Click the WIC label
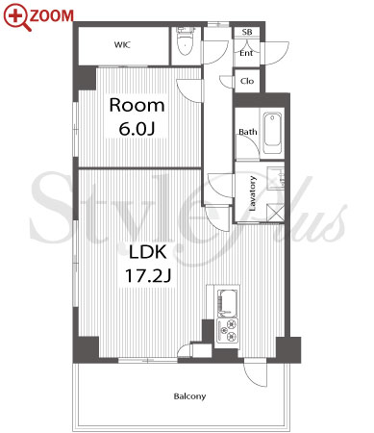point(122,44)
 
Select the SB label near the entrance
point(247,32)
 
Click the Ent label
point(246,53)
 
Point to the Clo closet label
point(247,81)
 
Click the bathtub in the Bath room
point(272,133)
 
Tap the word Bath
point(248,132)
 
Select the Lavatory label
point(253,193)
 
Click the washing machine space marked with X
point(275,212)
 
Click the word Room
point(137,105)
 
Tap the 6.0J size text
point(137,129)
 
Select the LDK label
point(148,252)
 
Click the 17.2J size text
point(148,276)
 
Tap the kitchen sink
point(228,303)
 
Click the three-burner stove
point(227,330)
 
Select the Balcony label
point(189,396)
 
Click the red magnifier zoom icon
point(16,17)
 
